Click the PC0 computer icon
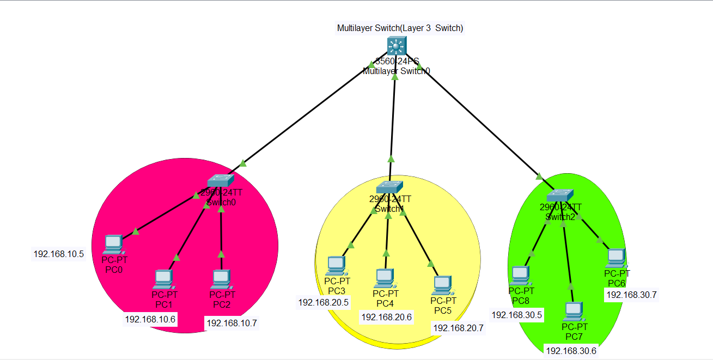(x=113, y=245)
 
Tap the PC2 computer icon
(x=221, y=279)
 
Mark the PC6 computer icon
(x=616, y=258)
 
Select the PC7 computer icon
(x=574, y=311)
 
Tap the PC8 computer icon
(x=520, y=275)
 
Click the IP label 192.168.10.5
(x=59, y=254)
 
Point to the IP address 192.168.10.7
(x=231, y=323)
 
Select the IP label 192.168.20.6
(x=387, y=317)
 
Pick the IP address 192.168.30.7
(x=632, y=295)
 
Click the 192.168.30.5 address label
(x=517, y=315)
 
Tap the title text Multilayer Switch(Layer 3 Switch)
(x=400, y=28)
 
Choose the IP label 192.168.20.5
(x=324, y=302)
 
